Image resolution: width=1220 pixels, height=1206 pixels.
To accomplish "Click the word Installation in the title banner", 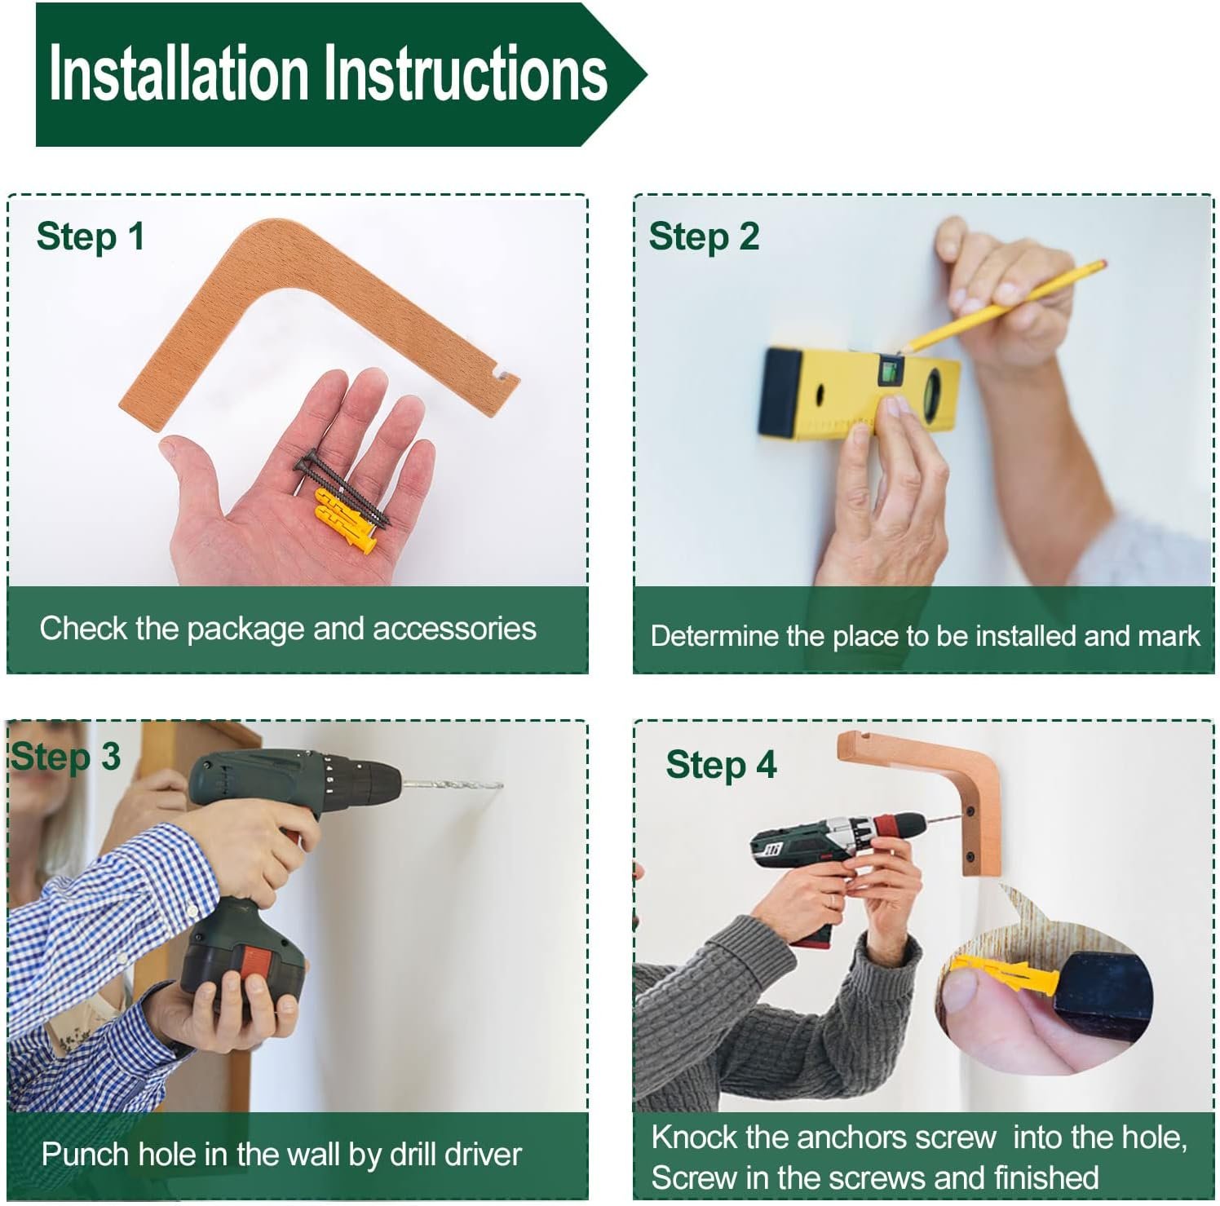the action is [178, 73].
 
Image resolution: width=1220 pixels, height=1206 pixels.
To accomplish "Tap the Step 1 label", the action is [91, 236].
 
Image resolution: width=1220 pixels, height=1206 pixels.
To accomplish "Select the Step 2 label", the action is [704, 236].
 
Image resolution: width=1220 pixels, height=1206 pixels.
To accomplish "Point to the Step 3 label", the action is [65, 757].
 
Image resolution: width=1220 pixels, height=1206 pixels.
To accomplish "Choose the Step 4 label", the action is [721, 765].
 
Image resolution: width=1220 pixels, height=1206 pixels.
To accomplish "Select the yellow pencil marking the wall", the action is [1002, 307].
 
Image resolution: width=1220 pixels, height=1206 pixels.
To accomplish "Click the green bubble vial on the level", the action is [889, 372].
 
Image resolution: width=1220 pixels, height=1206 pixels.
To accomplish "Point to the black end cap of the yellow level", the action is [780, 392].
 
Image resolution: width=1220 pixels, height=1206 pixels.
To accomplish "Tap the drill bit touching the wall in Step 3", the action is [453, 785].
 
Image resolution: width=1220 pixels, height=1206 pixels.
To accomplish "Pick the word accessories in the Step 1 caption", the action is [454, 629].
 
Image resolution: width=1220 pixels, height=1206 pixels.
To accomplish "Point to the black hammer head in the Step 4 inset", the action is [1101, 995].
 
